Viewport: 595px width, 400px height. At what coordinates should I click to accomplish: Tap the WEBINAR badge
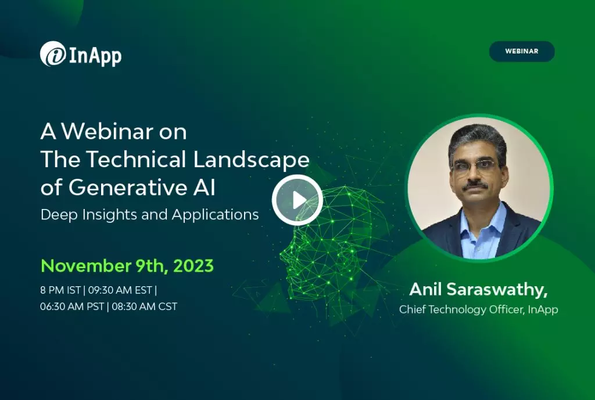coord(521,51)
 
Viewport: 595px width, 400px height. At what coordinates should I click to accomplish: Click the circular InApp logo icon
coord(53,54)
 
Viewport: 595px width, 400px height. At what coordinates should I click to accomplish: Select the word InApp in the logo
coord(95,56)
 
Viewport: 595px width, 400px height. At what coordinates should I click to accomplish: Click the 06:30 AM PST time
coord(72,307)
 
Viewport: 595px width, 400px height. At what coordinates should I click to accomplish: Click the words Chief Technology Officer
coord(461,309)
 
